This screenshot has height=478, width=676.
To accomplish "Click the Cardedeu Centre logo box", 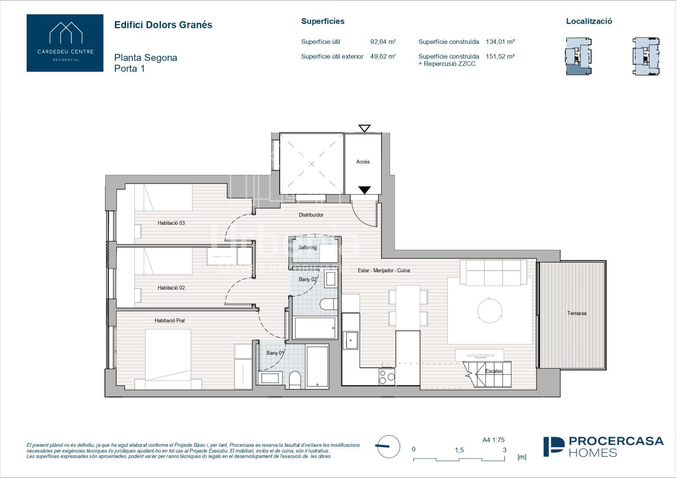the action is pos(65,43).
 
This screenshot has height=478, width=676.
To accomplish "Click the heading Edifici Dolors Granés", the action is pos(163,25).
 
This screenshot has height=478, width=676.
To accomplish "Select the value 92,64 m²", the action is pos(383,42).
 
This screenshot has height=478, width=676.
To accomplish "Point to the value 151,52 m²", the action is pos(500,57).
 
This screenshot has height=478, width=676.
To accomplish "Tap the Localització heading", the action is pos(589,21).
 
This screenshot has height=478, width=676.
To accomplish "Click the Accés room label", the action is pos(363,162).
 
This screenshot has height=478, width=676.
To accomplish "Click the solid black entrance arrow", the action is pos(365,190).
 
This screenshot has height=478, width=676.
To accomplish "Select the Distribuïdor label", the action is pos(311,215).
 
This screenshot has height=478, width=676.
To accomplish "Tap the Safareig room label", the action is pos(308,247).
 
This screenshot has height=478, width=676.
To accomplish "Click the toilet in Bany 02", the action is pos(329,304).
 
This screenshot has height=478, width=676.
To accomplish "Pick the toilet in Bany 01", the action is pos(295,380).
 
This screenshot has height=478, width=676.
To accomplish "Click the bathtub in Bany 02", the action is pos(315,328).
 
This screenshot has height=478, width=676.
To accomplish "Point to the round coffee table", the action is pos(490,310).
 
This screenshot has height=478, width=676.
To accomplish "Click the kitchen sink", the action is pos(350,340).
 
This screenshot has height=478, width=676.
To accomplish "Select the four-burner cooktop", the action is pos(387,377).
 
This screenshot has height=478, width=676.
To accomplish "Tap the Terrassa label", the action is pos(577,313).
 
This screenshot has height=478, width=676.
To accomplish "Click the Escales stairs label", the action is pos(494,371).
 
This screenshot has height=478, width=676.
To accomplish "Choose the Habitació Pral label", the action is pos(169,320).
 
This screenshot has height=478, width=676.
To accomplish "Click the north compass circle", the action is pos(389,447).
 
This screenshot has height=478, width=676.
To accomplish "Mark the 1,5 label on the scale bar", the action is pos(459,450).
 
